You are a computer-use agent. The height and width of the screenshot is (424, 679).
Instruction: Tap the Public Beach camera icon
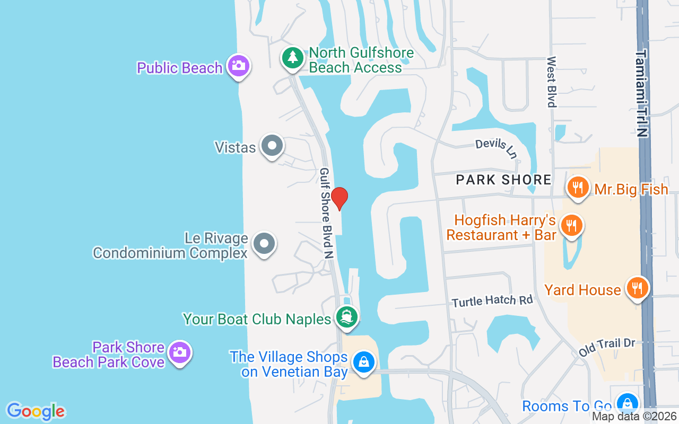click(x=238, y=66)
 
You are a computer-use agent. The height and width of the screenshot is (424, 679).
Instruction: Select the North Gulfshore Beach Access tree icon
click(x=292, y=57)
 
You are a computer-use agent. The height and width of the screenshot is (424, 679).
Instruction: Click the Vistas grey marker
click(x=272, y=145)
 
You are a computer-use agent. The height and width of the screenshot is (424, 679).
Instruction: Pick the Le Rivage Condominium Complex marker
click(x=264, y=244)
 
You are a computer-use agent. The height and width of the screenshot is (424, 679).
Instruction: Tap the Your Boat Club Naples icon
click(x=347, y=317)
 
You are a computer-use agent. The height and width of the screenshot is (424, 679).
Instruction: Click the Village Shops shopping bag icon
click(x=363, y=362)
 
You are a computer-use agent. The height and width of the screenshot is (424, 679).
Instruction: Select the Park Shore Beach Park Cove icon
click(x=179, y=352)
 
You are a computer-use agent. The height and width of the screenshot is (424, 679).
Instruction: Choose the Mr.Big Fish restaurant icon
click(x=578, y=187)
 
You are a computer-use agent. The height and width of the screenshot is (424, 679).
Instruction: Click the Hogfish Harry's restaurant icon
click(x=571, y=225)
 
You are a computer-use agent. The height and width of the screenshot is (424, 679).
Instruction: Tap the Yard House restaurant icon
click(x=637, y=288)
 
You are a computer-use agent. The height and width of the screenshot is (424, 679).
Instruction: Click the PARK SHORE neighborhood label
click(x=503, y=180)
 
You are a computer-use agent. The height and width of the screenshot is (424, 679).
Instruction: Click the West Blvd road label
click(x=552, y=82)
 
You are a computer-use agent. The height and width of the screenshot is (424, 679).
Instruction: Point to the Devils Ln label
click(x=496, y=148)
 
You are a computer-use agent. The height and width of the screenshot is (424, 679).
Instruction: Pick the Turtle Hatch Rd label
click(x=492, y=301)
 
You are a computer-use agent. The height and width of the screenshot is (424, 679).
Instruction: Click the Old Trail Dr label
click(x=607, y=347)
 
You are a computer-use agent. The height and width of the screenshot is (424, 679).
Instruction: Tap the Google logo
click(x=36, y=411)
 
